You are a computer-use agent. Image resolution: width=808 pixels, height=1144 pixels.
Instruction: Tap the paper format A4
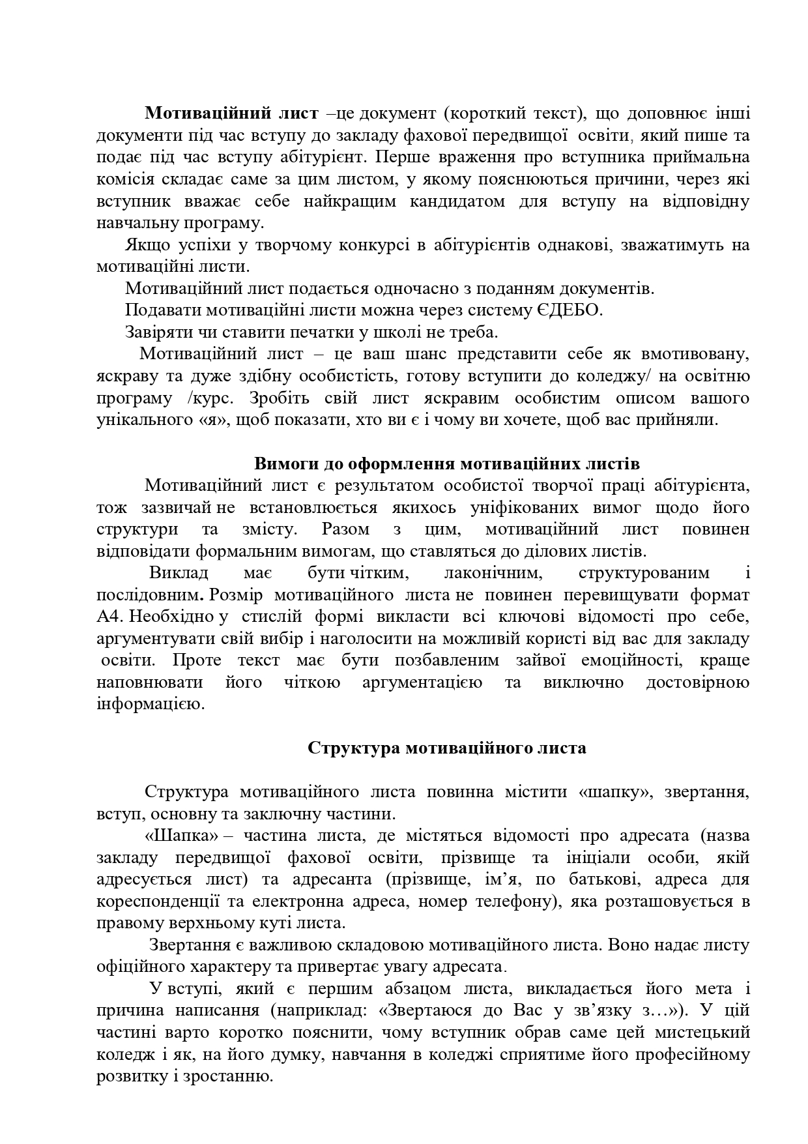(x=108, y=617)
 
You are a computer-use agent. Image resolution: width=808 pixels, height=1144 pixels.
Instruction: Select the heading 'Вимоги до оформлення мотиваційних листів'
(x=446, y=463)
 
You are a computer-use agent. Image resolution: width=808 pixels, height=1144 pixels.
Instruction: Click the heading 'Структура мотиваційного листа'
(x=446, y=747)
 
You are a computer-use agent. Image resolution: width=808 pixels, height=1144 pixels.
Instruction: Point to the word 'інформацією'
(x=151, y=704)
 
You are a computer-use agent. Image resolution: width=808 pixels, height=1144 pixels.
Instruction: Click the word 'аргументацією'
(x=421, y=682)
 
